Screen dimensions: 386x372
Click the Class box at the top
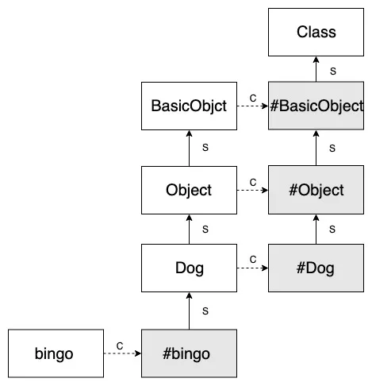[316, 33]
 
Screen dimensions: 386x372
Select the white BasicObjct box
[189, 106]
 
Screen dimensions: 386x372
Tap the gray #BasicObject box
[316, 106]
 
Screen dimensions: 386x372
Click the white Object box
[189, 190]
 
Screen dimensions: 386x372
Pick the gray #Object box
[316, 190]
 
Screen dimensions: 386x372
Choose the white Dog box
[189, 268]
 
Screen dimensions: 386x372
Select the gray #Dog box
[316, 268]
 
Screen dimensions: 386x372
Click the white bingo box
[54, 353]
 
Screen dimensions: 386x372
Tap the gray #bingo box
[189, 353]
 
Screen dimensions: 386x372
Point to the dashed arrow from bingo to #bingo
[121, 353]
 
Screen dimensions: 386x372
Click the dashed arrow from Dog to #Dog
[252, 268]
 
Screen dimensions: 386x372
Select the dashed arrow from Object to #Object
[252, 190]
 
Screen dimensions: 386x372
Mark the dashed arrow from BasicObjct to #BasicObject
[252, 106]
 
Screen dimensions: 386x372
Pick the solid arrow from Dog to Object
[189, 229]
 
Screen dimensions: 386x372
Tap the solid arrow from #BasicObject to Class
[316, 69]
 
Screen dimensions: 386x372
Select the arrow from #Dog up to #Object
[316, 229]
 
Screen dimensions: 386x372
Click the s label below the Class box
[333, 71]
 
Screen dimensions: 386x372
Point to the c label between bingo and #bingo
[119, 345]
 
